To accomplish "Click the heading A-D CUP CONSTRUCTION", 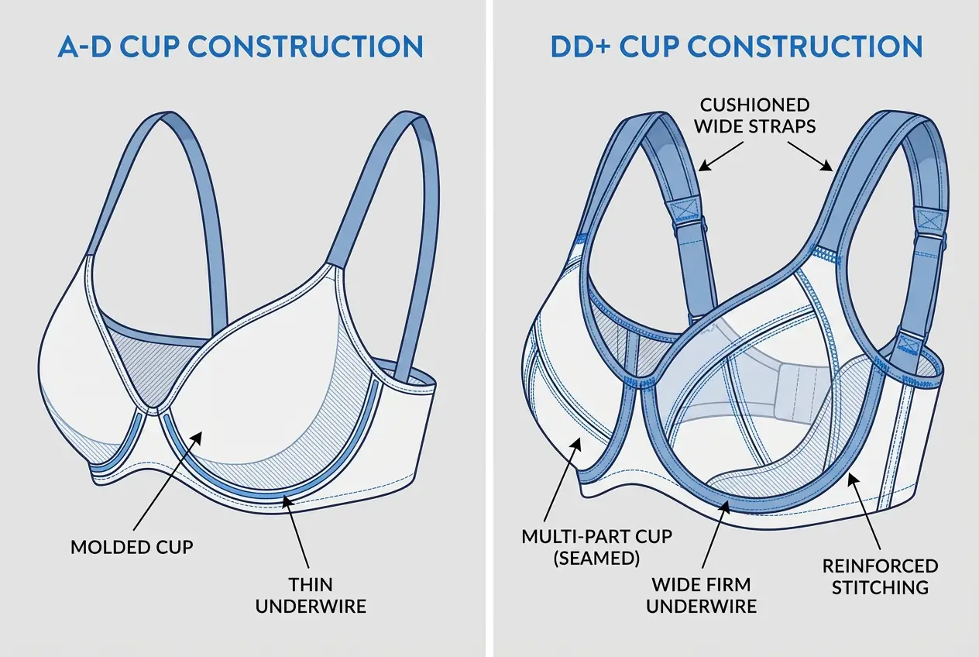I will point(240,46).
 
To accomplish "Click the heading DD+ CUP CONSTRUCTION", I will point(736,46).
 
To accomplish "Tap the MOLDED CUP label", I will point(132,547).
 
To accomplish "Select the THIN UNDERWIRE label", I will point(311,595).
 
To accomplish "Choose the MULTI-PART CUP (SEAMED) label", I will point(596,547).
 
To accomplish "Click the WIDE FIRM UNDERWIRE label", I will point(702,595).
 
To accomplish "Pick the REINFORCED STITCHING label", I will point(880,576).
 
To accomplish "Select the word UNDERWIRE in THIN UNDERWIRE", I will point(311,606).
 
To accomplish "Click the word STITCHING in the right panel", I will point(880,587).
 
